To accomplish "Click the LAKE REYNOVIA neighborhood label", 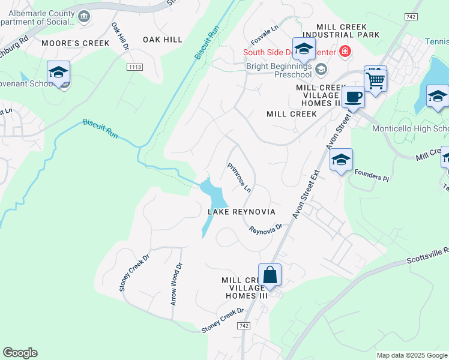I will pyautogui.click(x=241, y=212).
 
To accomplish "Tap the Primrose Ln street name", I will pyautogui.click(x=239, y=178).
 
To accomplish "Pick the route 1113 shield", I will pyautogui.click(x=134, y=67).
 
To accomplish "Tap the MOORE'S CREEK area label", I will pyautogui.click(x=76, y=43).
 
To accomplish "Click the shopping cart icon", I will pyautogui.click(x=375, y=79).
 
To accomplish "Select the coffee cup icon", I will pyautogui.click(x=353, y=97).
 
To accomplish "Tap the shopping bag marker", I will pyautogui.click(x=270, y=275).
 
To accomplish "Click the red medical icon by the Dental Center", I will pyautogui.click(x=345, y=52).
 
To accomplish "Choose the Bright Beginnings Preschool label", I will pyautogui.click(x=277, y=69).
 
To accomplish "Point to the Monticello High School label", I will pyautogui.click(x=410, y=129).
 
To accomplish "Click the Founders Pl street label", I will pyautogui.click(x=372, y=176).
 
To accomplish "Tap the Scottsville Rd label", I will pyautogui.click(x=427, y=256).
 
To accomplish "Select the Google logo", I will pyautogui.click(x=20, y=353).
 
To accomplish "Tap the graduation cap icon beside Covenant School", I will pyautogui.click(x=58, y=73).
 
